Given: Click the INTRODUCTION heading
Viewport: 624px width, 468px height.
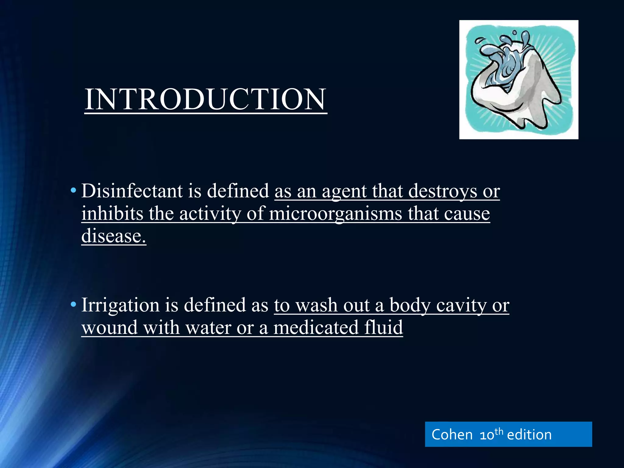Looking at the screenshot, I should pyautogui.click(x=206, y=99).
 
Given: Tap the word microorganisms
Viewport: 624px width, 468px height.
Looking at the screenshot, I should pyautogui.click(x=335, y=214).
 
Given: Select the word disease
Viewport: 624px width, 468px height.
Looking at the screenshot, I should pyautogui.click(x=113, y=236).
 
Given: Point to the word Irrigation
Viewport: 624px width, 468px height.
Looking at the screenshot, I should pyautogui.click(x=120, y=305).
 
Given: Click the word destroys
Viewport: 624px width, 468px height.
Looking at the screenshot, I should pyautogui.click(x=442, y=191).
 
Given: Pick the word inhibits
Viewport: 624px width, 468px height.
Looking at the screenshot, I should pyautogui.click(x=112, y=214).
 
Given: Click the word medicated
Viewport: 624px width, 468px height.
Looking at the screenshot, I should pyautogui.click(x=316, y=328).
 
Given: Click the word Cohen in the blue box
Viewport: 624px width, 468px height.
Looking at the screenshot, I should pyautogui.click(x=452, y=434).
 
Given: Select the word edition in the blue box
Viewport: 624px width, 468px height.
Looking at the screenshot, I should pyautogui.click(x=529, y=434).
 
